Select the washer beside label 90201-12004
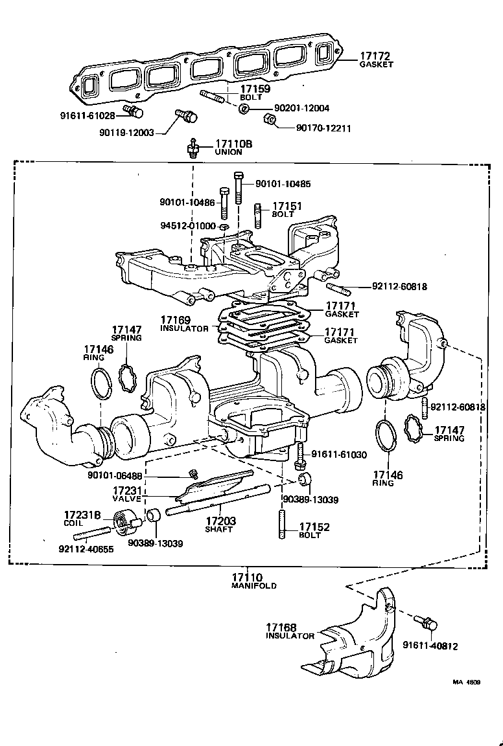point(244,107)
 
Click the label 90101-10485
point(283,184)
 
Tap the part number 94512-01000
point(188,225)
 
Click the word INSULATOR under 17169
point(184,329)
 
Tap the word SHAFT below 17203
point(219,529)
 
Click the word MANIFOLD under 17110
point(253,585)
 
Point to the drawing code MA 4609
point(471,681)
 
